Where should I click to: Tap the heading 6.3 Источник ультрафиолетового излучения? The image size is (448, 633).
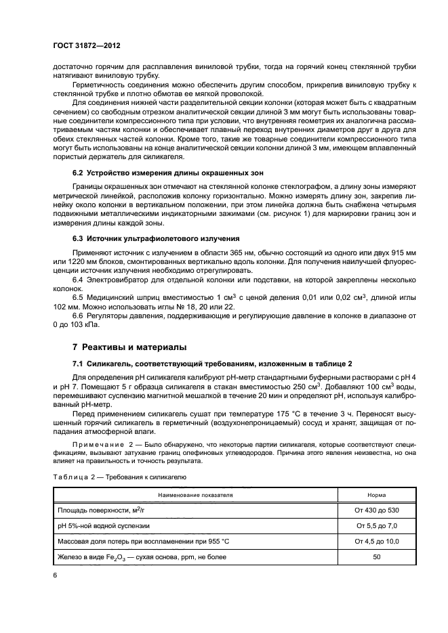pyautogui.click(x=154, y=238)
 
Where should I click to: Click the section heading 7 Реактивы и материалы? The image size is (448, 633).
pyautogui.click(x=129, y=347)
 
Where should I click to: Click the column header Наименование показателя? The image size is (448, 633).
pyautogui.click(x=195, y=494)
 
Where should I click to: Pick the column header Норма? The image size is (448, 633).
pyautogui.click(x=376, y=494)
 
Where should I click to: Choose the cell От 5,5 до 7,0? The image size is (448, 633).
pyautogui.click(x=376, y=525)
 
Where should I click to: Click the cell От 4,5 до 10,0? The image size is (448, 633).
pyautogui.click(x=376, y=540)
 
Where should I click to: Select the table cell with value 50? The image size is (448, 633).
pyautogui.click(x=376, y=556)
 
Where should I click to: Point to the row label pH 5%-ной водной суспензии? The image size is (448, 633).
pyautogui.click(x=103, y=525)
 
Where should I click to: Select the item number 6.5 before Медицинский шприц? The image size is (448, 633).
pyautogui.click(x=79, y=296)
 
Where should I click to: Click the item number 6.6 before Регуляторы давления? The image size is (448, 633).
pyautogui.click(x=79, y=316)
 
